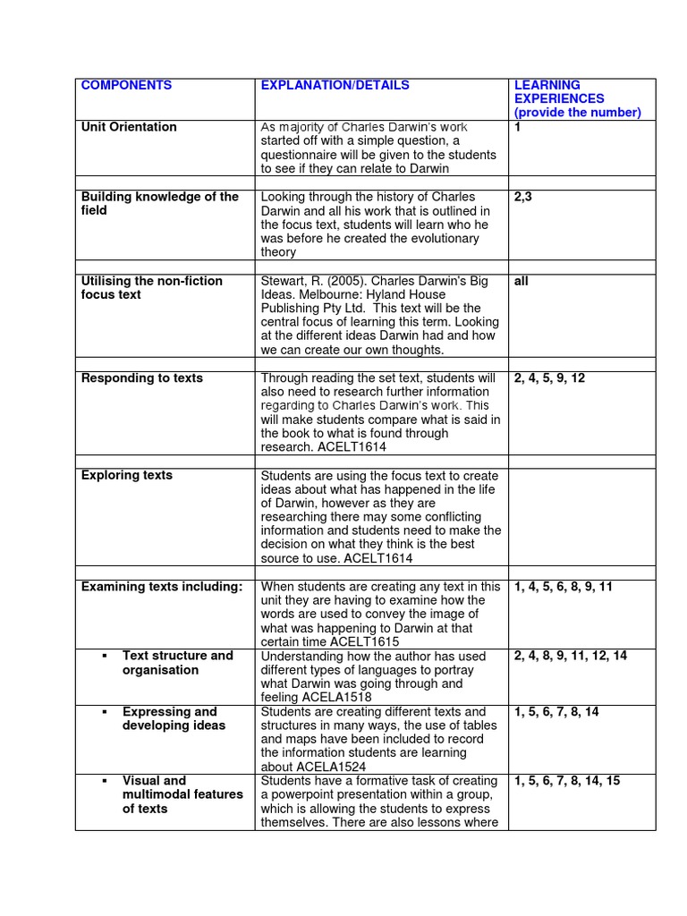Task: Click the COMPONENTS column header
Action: pos(126,86)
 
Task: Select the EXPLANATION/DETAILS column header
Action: pos(335,86)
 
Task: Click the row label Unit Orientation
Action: pos(129,127)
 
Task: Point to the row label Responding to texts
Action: pos(141,378)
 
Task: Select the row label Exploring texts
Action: pos(127,476)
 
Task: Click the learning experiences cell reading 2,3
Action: pos(523,197)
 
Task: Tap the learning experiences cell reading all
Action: pos(522,281)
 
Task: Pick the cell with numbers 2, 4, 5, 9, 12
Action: pos(549,378)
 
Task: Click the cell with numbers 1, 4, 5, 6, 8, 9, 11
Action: pos(564,588)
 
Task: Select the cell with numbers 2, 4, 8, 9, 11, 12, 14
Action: pos(571,656)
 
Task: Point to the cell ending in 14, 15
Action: pos(567,781)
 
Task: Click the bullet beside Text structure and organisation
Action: pos(105,656)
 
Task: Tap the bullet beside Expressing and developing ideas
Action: pos(105,712)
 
